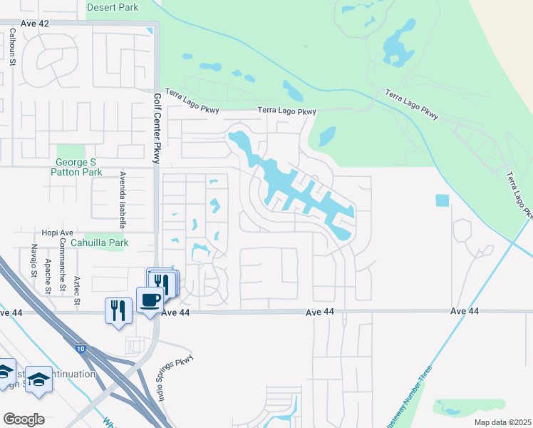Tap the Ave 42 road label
click(35, 24)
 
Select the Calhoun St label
click(13, 48)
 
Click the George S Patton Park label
click(79, 167)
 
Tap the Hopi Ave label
click(57, 233)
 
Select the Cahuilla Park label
click(105, 243)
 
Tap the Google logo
click(24, 419)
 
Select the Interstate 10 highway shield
click(79, 348)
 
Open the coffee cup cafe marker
click(150, 300)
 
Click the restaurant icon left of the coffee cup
click(118, 311)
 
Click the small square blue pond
click(442, 200)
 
